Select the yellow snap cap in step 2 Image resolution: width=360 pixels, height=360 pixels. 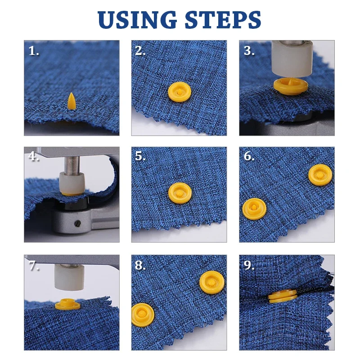tap(179, 92)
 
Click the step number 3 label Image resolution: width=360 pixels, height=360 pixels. tap(249, 50)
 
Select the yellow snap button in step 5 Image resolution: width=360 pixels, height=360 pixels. tap(179, 193)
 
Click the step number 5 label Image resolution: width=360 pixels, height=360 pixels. tap(140, 156)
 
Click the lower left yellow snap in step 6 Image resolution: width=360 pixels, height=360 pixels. tap(252, 209)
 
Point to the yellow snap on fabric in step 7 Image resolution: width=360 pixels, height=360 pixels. tap(67, 306)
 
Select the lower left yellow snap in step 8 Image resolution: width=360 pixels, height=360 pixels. tap(143, 314)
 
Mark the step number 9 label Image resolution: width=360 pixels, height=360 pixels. tap(249, 265)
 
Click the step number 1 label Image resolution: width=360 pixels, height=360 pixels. tap(34, 50)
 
